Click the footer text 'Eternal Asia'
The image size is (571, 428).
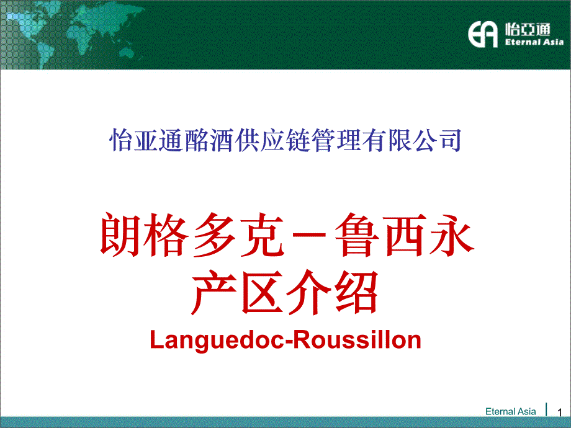(510, 411)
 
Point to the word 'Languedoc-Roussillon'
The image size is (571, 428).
(285, 339)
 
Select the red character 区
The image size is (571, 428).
(262, 293)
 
